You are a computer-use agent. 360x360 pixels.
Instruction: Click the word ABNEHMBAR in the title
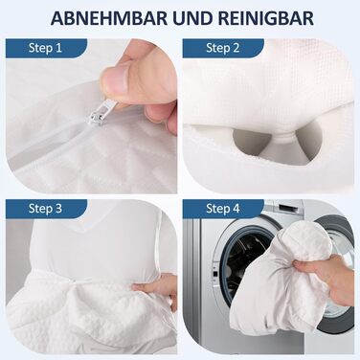tap(108, 18)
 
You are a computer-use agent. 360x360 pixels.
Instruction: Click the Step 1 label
tap(45, 48)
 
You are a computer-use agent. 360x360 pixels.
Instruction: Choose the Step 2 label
tap(222, 48)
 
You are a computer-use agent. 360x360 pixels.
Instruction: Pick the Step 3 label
tap(45, 209)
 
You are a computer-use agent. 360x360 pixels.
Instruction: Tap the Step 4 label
tap(222, 209)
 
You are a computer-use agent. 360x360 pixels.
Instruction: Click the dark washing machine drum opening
tap(246, 266)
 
